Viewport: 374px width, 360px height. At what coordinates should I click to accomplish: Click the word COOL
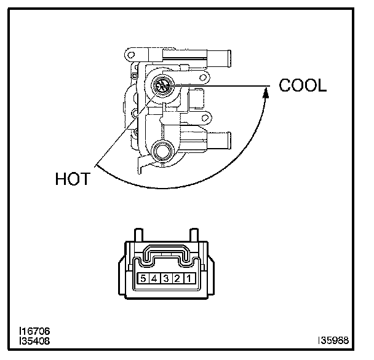[302, 85]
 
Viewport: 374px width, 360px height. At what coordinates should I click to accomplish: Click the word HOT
[73, 179]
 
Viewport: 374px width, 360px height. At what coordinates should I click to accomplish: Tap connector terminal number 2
[178, 279]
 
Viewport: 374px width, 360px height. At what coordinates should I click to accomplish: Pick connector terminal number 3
[165, 279]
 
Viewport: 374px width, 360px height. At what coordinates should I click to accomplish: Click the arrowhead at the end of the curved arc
[266, 92]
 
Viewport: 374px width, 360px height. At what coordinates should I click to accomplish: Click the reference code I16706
[34, 331]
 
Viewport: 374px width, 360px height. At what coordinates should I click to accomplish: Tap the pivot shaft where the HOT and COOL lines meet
[164, 87]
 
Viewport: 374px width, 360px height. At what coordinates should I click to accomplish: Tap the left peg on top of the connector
[138, 235]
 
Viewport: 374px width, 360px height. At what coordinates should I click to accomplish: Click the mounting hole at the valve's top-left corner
[131, 56]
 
